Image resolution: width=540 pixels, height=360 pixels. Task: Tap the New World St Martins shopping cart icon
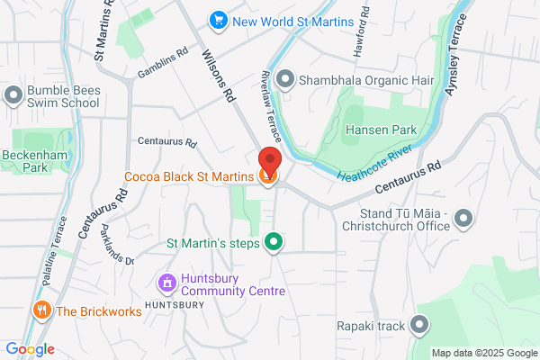[217, 19]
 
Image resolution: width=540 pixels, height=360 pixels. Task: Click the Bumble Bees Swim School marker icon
[13, 94]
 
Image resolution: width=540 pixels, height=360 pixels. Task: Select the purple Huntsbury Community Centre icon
[166, 283]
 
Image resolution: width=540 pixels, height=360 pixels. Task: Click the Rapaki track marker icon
[419, 325]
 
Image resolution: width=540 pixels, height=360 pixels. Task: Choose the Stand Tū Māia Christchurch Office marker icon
[463, 218]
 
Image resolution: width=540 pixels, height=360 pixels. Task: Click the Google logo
[30, 349]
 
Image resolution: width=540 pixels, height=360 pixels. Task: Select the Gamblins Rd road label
[162, 63]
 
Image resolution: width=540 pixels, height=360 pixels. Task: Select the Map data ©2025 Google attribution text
[483, 352]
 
